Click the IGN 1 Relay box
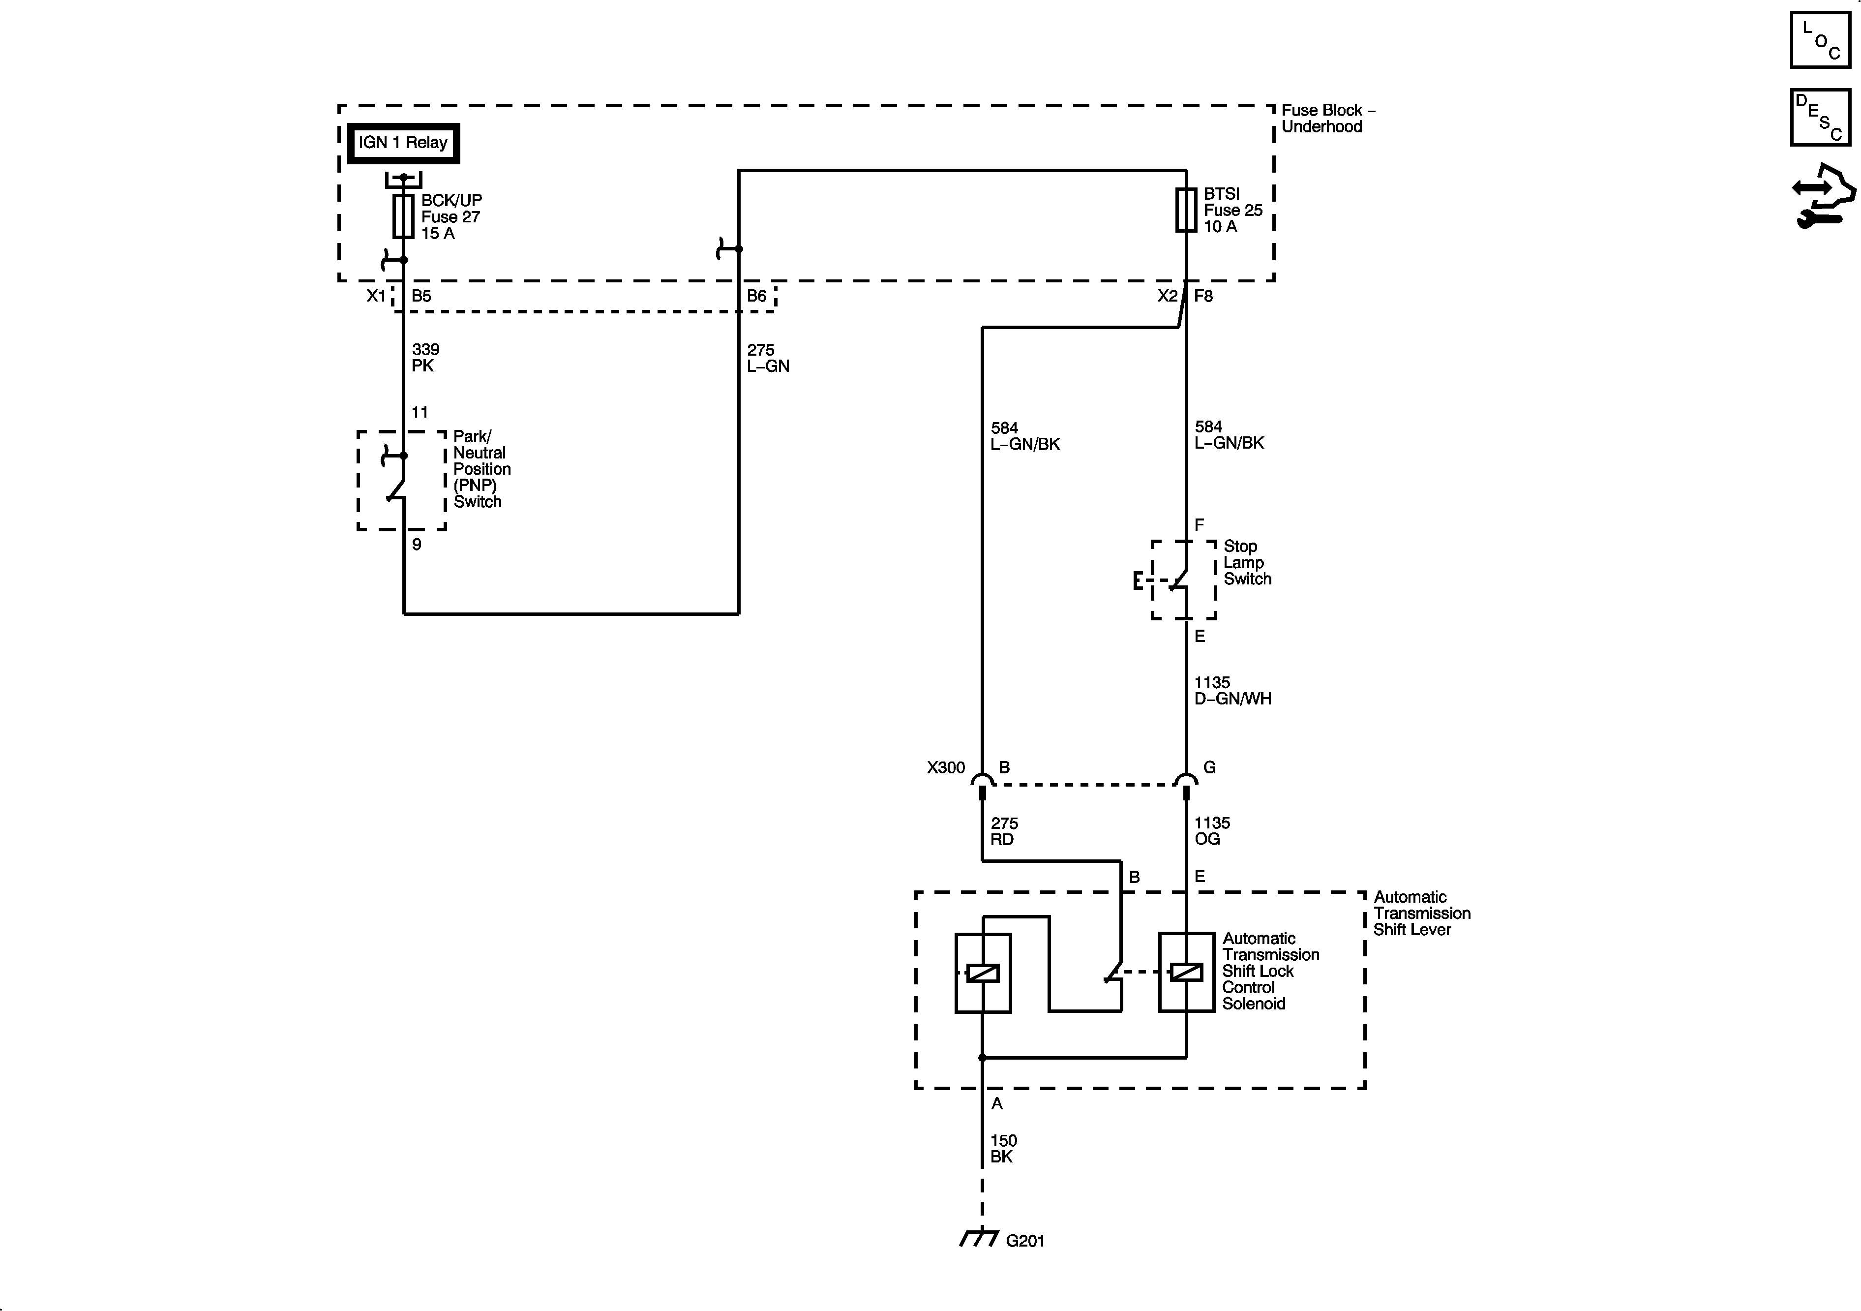(403, 144)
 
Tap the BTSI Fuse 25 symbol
(1186, 210)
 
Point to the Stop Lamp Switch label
(1247, 563)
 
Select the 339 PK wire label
(425, 358)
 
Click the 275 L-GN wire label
(767, 358)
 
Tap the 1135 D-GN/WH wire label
(1232, 691)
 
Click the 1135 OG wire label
(1212, 831)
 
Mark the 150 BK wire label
(1003, 1149)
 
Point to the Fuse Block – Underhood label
(1327, 119)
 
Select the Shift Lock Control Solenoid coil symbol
(1186, 972)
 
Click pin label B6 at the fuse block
(756, 296)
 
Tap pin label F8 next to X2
(1203, 296)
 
